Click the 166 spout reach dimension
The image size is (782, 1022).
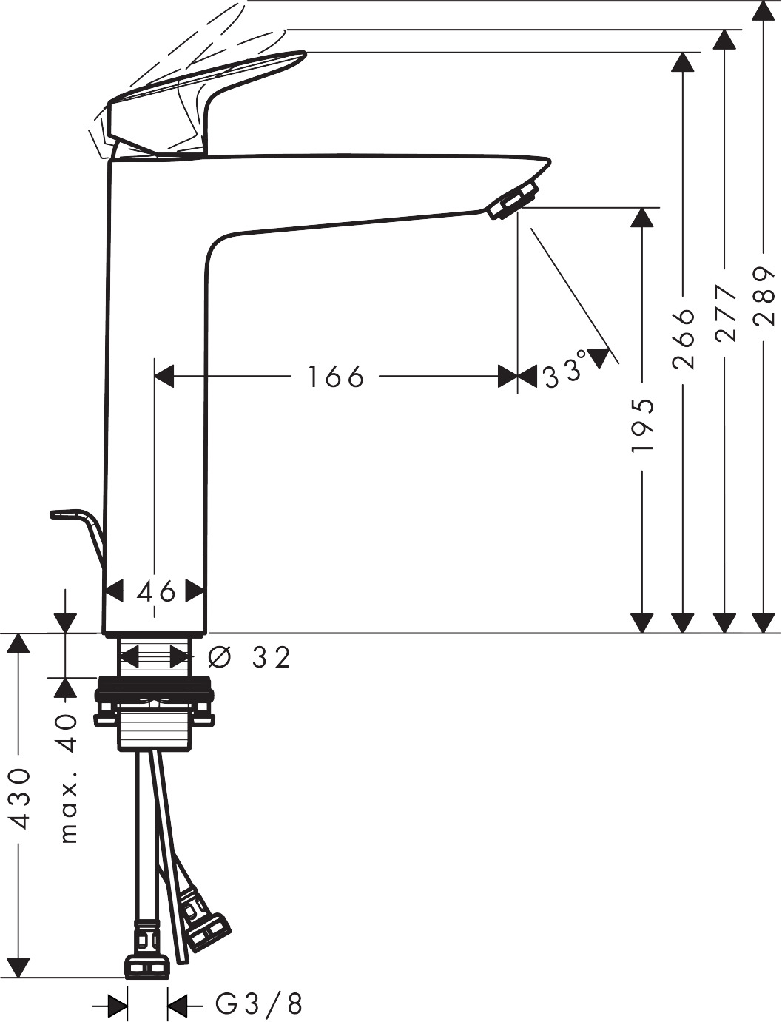pyautogui.click(x=336, y=377)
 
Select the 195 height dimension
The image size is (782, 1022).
pyautogui.click(x=643, y=426)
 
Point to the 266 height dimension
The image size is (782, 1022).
pyautogui.click(x=684, y=328)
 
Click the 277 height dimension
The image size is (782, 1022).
pyautogui.click(x=726, y=312)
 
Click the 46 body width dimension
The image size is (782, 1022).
pyautogui.click(x=156, y=591)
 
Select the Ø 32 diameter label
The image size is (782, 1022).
pyautogui.click(x=250, y=656)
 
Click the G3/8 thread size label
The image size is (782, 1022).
pyautogui.click(x=259, y=1004)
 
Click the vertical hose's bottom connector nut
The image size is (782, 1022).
pyautogui.click(x=147, y=966)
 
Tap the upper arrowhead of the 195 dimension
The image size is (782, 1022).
pyautogui.click(x=643, y=218)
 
